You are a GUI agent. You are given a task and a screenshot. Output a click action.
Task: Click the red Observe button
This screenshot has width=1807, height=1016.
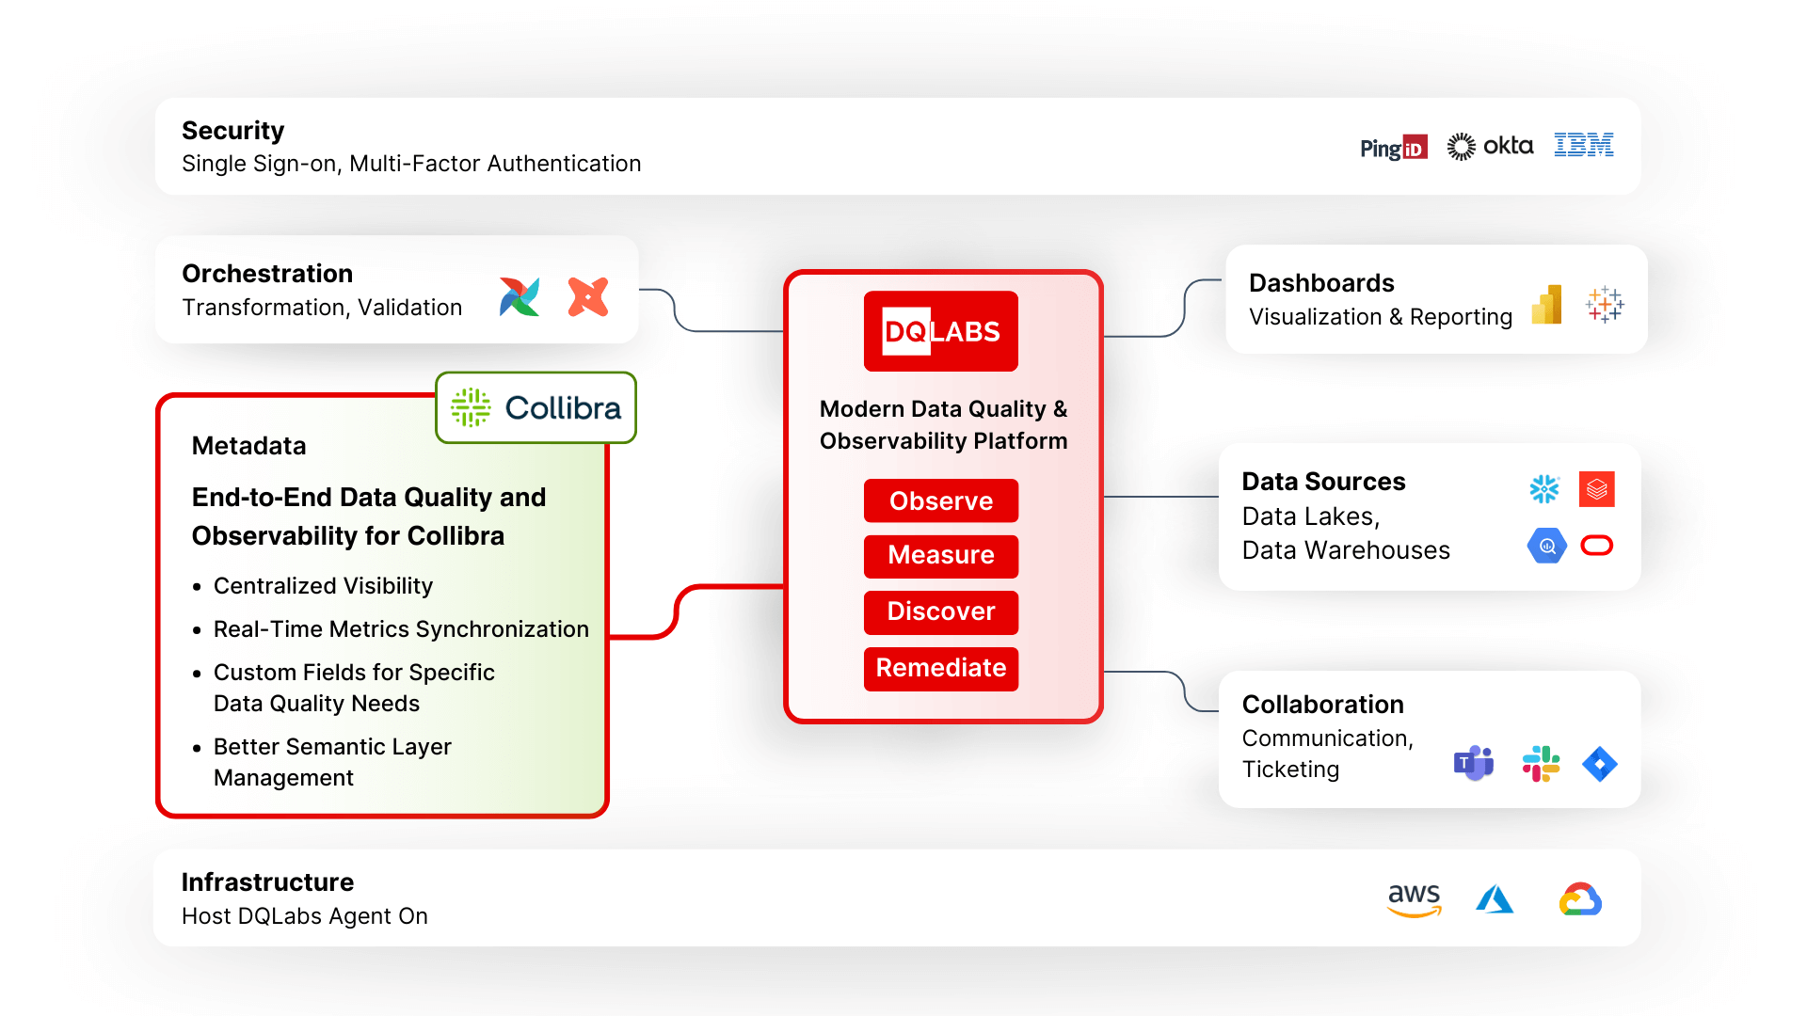940,500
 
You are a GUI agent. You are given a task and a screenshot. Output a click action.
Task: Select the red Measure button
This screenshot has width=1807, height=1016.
940,555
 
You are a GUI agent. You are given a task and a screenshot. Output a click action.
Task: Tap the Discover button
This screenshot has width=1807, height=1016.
940,611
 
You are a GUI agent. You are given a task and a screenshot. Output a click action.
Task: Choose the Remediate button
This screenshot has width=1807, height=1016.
940,668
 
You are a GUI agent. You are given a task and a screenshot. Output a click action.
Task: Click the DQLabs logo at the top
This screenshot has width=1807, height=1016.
940,331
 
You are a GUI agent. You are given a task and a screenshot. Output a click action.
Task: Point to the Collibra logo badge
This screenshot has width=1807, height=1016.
536,407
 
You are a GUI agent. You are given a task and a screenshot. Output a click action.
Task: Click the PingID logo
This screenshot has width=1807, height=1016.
1393,148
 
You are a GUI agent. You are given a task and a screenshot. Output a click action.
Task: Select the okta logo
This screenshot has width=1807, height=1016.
1490,146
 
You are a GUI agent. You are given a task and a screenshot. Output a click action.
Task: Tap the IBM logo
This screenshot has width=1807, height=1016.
1583,145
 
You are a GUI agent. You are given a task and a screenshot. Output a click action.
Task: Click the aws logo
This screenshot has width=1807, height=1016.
1414,898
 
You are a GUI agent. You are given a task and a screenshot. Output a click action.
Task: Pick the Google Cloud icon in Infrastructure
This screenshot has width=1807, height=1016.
1580,899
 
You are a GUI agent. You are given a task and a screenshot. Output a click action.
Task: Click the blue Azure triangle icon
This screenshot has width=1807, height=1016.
1495,899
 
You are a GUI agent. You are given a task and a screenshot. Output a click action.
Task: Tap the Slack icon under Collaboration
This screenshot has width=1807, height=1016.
1541,764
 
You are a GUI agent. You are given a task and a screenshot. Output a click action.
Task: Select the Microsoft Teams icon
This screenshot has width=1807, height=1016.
1474,763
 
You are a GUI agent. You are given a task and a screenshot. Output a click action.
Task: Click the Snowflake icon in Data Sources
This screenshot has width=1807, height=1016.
1544,489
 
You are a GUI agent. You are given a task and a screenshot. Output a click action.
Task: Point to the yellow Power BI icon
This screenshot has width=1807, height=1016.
1547,305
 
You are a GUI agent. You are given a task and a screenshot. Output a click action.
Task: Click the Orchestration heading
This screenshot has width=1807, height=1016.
267,274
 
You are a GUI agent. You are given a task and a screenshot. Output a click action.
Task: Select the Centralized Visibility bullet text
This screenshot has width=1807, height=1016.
323,586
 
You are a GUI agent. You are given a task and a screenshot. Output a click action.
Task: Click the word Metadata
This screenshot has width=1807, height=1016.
248,446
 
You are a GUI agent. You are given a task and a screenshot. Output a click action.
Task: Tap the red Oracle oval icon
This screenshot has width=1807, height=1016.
1597,546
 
